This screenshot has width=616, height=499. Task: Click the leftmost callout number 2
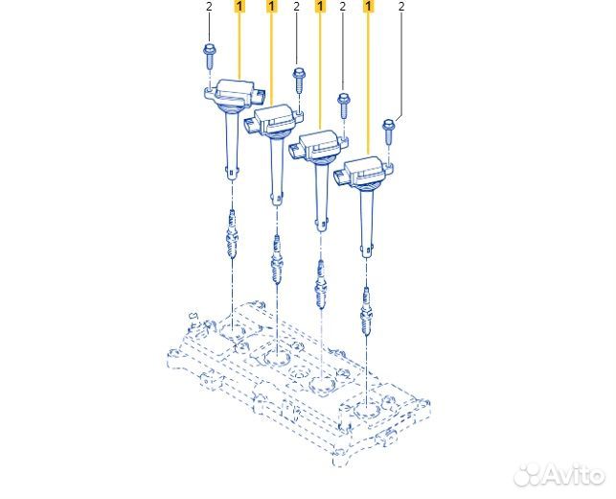tap(209, 7)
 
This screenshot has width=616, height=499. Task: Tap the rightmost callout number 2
tap(401, 7)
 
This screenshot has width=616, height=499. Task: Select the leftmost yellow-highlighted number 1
tap(240, 7)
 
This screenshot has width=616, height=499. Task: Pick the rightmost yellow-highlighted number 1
tap(368, 7)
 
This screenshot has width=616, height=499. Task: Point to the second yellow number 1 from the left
tap(271, 7)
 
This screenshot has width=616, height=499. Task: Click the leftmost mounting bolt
tap(209, 57)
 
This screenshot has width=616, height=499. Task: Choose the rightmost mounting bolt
tap(389, 132)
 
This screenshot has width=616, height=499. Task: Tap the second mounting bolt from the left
tap(299, 81)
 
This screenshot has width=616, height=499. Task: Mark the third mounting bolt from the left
tap(344, 106)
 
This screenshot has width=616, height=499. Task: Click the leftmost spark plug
tap(232, 234)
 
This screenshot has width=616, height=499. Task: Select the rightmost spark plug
tap(366, 312)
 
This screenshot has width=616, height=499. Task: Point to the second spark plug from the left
tap(277, 260)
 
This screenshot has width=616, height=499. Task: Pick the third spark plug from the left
tap(321, 285)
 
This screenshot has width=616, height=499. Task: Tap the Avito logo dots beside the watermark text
tap(528, 475)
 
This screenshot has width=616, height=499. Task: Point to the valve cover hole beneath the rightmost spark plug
tap(366, 413)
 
